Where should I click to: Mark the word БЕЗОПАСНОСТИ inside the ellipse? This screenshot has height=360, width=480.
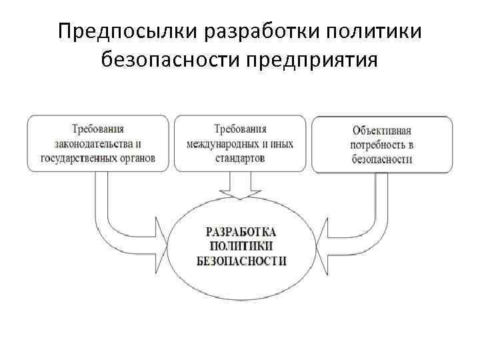pyautogui.click(x=242, y=260)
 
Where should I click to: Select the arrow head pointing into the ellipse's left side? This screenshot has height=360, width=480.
pyautogui.click(x=161, y=244)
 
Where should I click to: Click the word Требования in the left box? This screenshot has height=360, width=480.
pyautogui.click(x=99, y=128)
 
